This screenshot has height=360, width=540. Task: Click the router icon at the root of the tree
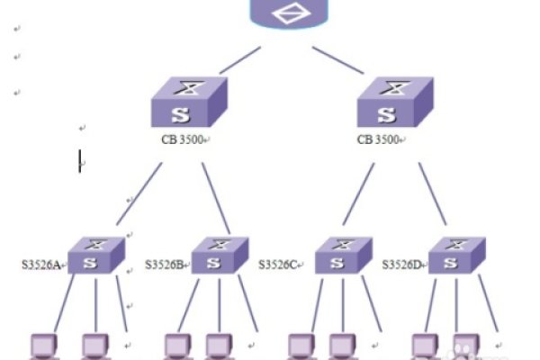[288, 13]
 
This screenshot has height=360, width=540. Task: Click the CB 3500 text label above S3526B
[180, 140]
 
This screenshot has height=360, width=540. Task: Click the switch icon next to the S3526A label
[94, 256]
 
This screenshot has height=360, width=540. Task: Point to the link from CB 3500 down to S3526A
[139, 193]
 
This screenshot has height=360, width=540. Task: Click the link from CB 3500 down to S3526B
[216, 198]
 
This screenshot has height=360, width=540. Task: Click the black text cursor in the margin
[80, 161]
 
